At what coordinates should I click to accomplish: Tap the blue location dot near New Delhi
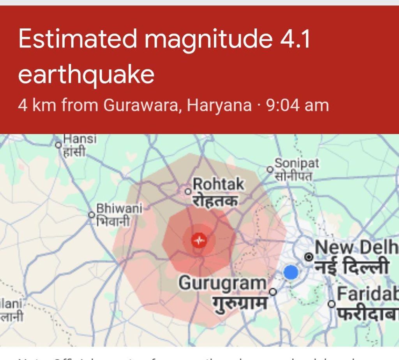tap(291, 272)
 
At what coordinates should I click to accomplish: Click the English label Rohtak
tap(219, 184)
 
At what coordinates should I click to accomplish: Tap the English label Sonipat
tap(297, 163)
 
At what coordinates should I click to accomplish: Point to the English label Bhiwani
tap(119, 208)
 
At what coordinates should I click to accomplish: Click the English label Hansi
tap(79, 139)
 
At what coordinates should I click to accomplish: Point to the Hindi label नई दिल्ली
tap(352, 267)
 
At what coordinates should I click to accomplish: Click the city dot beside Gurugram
tap(273, 291)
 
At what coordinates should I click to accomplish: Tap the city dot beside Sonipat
tap(269, 169)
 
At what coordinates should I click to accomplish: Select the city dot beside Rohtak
tap(188, 191)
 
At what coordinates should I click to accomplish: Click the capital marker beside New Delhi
tap(309, 257)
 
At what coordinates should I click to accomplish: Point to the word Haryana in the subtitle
tap(219, 105)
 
